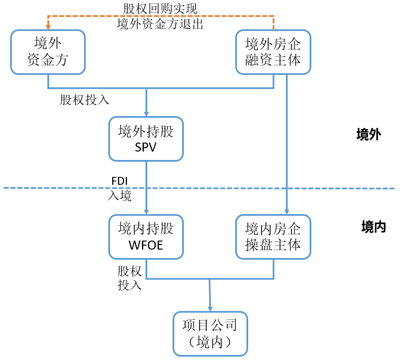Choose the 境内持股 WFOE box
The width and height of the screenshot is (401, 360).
coord(146,237)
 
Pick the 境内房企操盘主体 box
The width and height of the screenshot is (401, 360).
coord(274,237)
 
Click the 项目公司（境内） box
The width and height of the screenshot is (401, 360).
coord(210,334)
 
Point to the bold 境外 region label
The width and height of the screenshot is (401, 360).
coord(369,135)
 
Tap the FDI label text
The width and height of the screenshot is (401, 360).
coord(120,180)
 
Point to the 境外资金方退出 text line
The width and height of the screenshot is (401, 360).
coord(160,24)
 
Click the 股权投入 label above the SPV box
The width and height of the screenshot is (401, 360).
coord(85,100)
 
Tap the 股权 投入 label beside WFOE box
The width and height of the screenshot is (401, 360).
coord(129,278)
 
